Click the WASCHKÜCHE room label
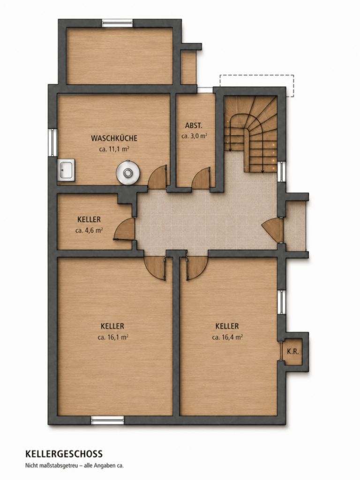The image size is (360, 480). pyautogui.click(x=114, y=138)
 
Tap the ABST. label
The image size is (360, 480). pyautogui.click(x=194, y=126)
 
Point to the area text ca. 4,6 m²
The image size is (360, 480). pyautogui.click(x=89, y=231)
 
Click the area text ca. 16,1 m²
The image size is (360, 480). pyautogui.click(x=113, y=337)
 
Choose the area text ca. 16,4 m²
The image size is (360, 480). pyautogui.click(x=227, y=337)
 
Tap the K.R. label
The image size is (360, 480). pyautogui.click(x=292, y=352)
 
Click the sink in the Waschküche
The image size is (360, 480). pyautogui.click(x=66, y=170)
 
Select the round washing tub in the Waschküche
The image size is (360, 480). pyautogui.click(x=127, y=173)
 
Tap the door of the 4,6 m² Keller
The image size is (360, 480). pyautogui.click(x=124, y=229)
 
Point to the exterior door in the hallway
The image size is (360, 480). pyautogui.click(x=272, y=230)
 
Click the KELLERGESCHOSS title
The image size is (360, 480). pyautogui.click(x=64, y=453)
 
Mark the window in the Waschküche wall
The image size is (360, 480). pyautogui.click(x=53, y=142)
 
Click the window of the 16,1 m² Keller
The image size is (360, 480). pyautogui.click(x=107, y=420)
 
